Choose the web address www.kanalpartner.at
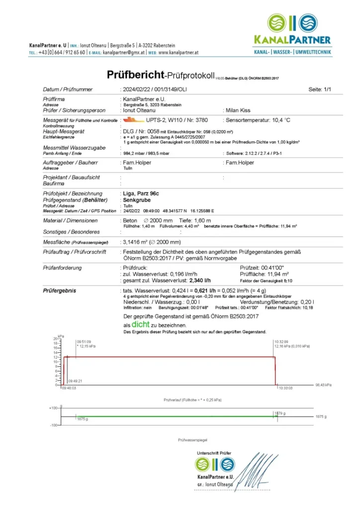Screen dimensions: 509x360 (x=179, y=52)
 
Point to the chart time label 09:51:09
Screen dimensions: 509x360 (x=84, y=341)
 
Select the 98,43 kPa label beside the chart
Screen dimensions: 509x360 (x=324, y=385)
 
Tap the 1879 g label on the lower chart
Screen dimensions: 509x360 (x=280, y=413)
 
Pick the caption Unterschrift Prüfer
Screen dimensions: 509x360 (x=214, y=453)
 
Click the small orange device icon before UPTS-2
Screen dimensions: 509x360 (x=131, y=120)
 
